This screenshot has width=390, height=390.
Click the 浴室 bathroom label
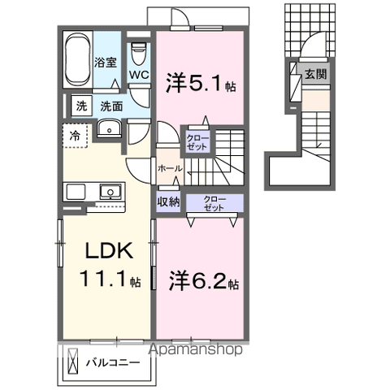click(105, 62)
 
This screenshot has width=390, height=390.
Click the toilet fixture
click(138, 52)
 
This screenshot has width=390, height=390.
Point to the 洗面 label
click(110, 106)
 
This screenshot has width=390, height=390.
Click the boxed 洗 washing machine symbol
click(81, 106)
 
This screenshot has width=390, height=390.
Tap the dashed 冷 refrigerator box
click(75, 136)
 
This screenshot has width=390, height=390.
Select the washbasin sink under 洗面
click(107, 130)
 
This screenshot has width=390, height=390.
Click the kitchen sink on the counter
click(109, 192)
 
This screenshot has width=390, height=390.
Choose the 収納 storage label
click(168, 202)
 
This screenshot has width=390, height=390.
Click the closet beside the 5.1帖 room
click(197, 142)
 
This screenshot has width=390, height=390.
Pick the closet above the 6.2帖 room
click(214, 202)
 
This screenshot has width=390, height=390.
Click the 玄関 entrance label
click(314, 74)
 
